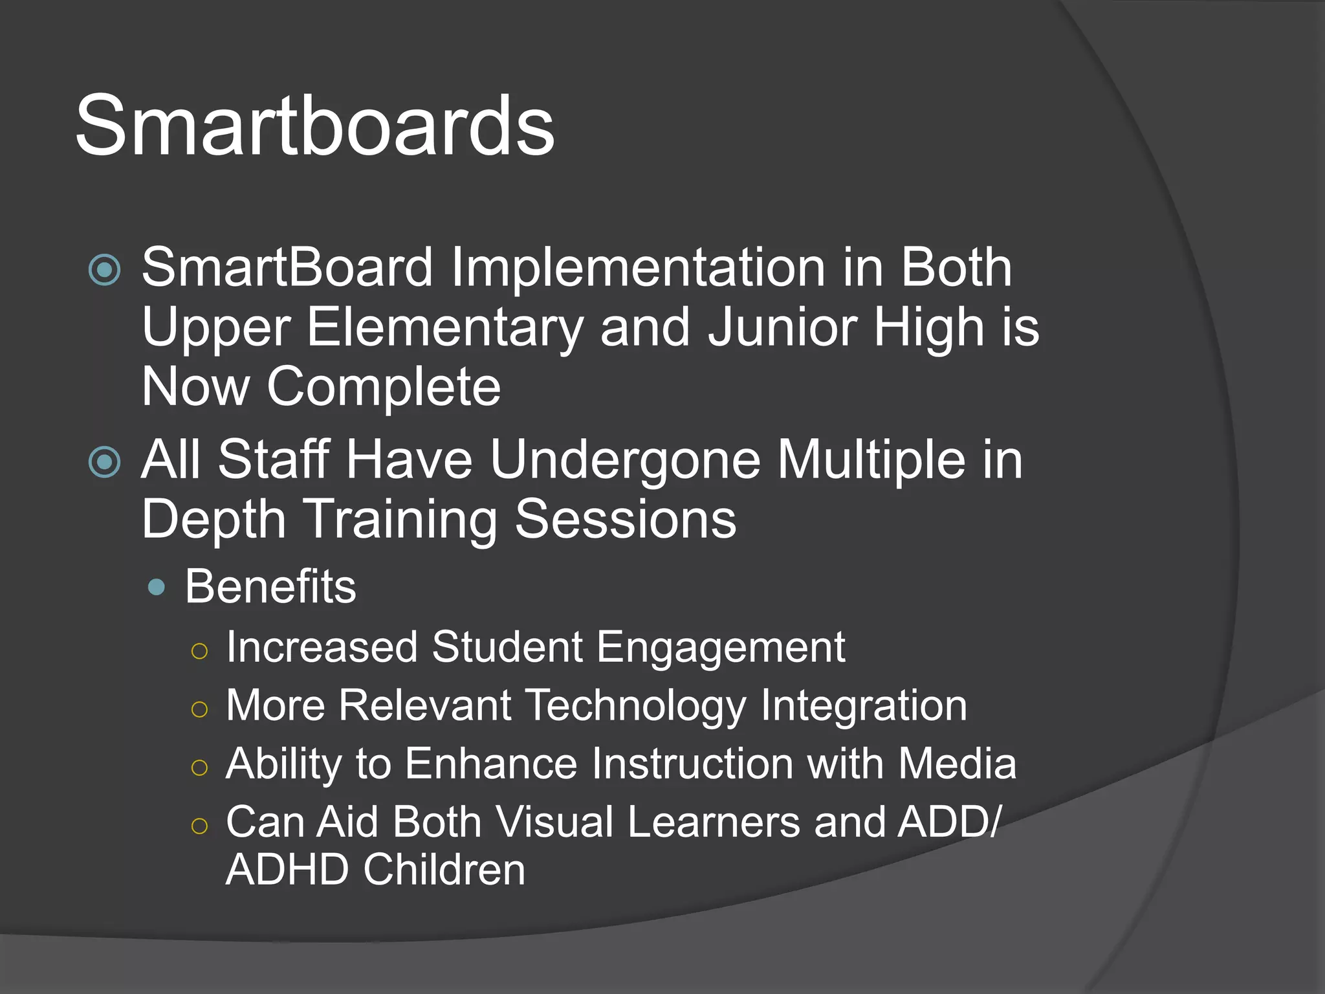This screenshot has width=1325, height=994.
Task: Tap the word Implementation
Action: click(638, 267)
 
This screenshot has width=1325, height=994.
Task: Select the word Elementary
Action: click(445, 327)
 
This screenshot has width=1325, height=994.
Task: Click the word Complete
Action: click(384, 387)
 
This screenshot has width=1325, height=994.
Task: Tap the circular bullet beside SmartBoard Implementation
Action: click(105, 270)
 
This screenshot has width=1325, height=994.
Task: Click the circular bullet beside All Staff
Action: click(105, 462)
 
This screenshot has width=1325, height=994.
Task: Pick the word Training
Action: click(400, 519)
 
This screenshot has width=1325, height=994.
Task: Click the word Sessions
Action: click(626, 519)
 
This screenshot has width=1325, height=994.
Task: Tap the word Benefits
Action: click(270, 586)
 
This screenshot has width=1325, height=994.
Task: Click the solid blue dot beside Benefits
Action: click(156, 588)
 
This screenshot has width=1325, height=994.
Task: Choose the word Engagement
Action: click(720, 646)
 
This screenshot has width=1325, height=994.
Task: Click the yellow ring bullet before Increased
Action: click(200, 651)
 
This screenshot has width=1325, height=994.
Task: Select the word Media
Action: click(957, 763)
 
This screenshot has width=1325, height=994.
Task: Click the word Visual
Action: click(554, 822)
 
